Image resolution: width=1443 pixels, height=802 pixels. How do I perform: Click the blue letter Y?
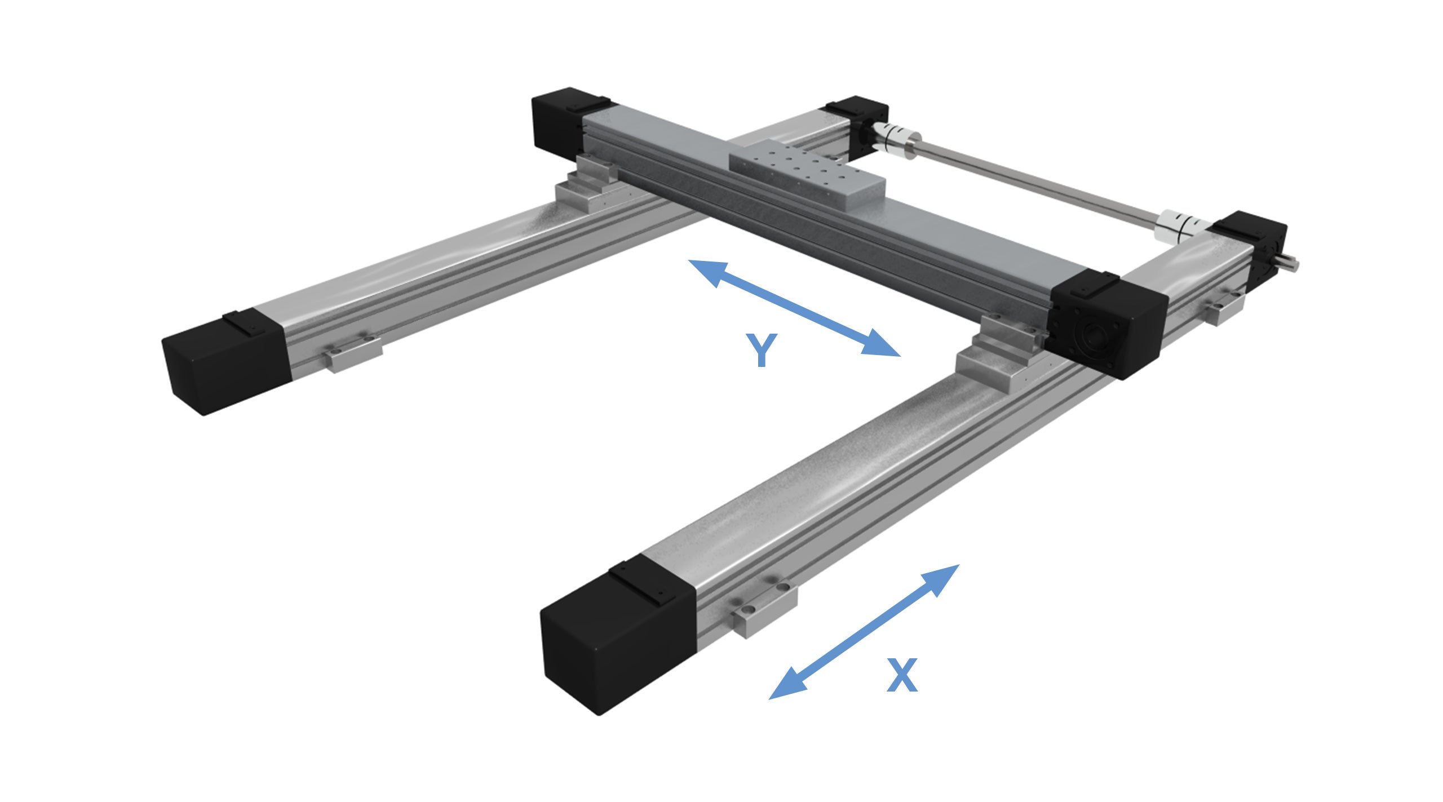point(761,350)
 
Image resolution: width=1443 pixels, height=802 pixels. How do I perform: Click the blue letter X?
point(902,675)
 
